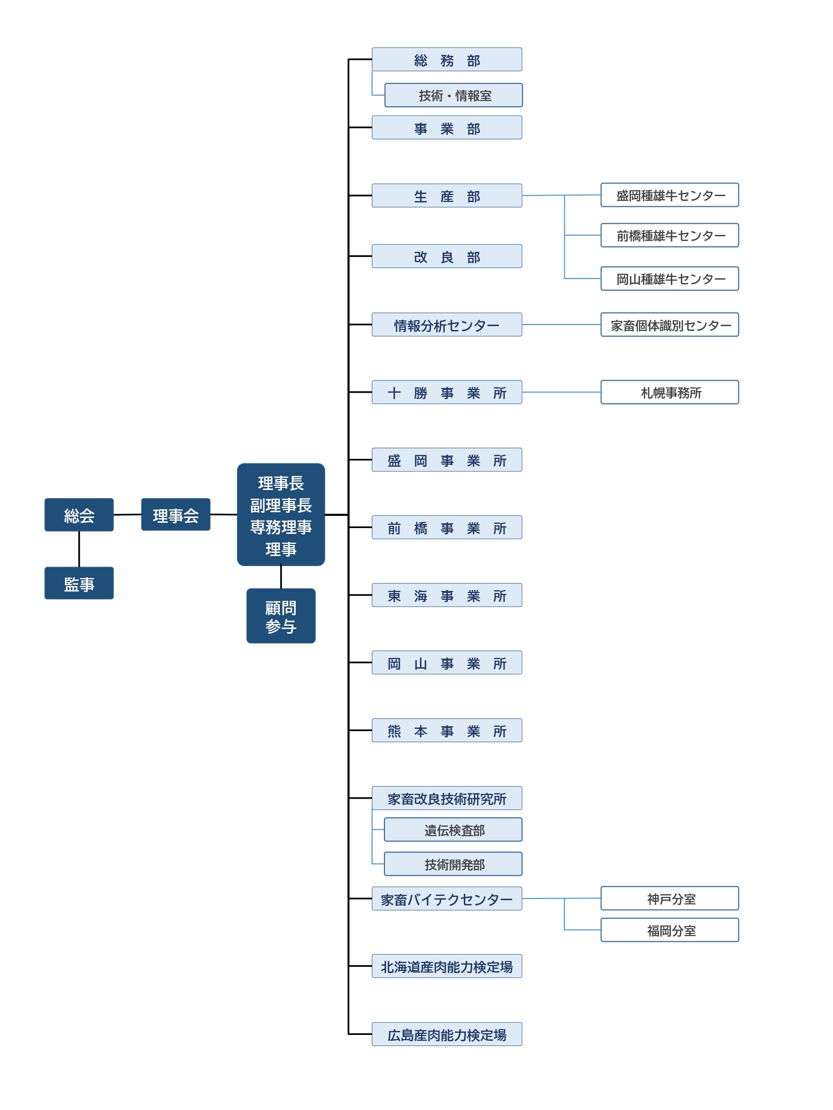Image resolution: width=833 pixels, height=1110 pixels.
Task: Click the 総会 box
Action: pyautogui.click(x=79, y=515)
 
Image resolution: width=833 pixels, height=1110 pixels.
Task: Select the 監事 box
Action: pyautogui.click(x=79, y=583)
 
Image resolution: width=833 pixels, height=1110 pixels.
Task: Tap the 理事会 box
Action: pyautogui.click(x=176, y=515)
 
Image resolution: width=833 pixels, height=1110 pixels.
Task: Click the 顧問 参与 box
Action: pyautogui.click(x=281, y=616)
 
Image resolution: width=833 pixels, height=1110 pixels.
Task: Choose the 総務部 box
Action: pyautogui.click(x=447, y=60)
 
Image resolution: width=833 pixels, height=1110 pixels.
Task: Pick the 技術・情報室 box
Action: pyautogui.click(x=454, y=95)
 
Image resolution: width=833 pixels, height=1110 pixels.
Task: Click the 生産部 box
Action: pyautogui.click(x=447, y=196)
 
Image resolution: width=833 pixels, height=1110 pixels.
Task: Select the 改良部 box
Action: pyautogui.click(x=447, y=256)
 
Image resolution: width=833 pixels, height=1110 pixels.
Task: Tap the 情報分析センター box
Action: pyautogui.click(x=447, y=325)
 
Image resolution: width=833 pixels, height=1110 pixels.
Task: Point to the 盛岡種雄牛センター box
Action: pyautogui.click(x=670, y=195)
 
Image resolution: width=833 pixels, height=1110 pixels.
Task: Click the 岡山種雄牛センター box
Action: pyautogui.click(x=670, y=279)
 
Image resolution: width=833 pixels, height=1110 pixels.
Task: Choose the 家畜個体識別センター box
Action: pyautogui.click(x=670, y=325)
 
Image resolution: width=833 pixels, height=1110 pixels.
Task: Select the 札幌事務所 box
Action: pyautogui.click(x=670, y=392)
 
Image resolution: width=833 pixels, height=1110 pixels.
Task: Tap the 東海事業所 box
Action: pyautogui.click(x=447, y=595)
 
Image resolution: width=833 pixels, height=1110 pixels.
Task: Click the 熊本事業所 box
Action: pyautogui.click(x=447, y=730)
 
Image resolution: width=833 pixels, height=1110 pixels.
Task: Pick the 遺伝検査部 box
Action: pyautogui.click(x=453, y=830)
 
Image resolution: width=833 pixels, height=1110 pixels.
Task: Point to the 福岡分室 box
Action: pyautogui.click(x=670, y=930)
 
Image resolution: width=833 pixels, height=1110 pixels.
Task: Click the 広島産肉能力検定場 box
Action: pyautogui.click(x=447, y=1034)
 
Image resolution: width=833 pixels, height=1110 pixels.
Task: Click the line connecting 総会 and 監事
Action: pyautogui.click(x=79, y=549)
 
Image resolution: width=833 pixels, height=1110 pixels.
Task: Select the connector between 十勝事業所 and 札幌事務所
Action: pyautogui.click(x=561, y=392)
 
